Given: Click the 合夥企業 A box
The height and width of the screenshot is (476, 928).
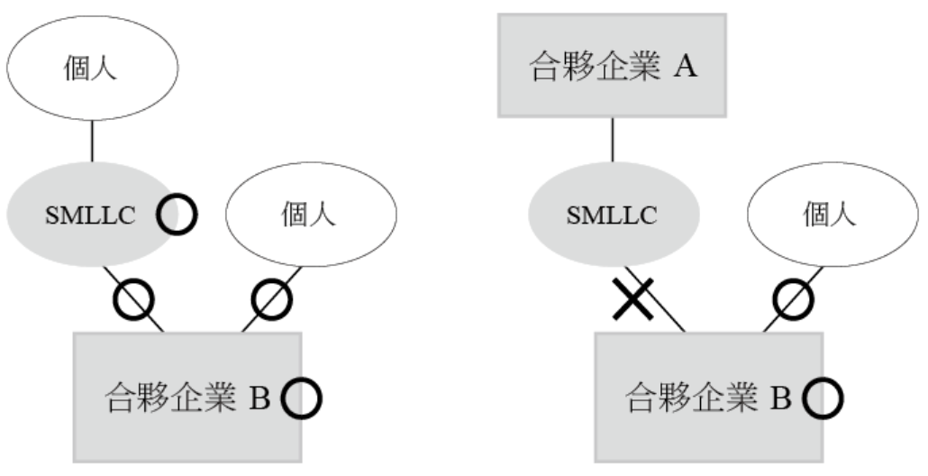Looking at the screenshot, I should pyautogui.click(x=612, y=65).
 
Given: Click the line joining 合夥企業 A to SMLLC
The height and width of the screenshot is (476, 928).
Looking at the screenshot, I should pyautogui.click(x=613, y=140).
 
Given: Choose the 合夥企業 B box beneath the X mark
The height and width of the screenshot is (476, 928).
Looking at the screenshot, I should pyautogui.click(x=708, y=397).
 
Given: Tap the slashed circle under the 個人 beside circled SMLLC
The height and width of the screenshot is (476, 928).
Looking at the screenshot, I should pyautogui.click(x=269, y=298).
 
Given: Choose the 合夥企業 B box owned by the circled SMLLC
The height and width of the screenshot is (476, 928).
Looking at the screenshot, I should pyautogui.click(x=187, y=397).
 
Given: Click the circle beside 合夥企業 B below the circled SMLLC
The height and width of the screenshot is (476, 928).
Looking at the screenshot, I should pyautogui.click(x=301, y=398).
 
